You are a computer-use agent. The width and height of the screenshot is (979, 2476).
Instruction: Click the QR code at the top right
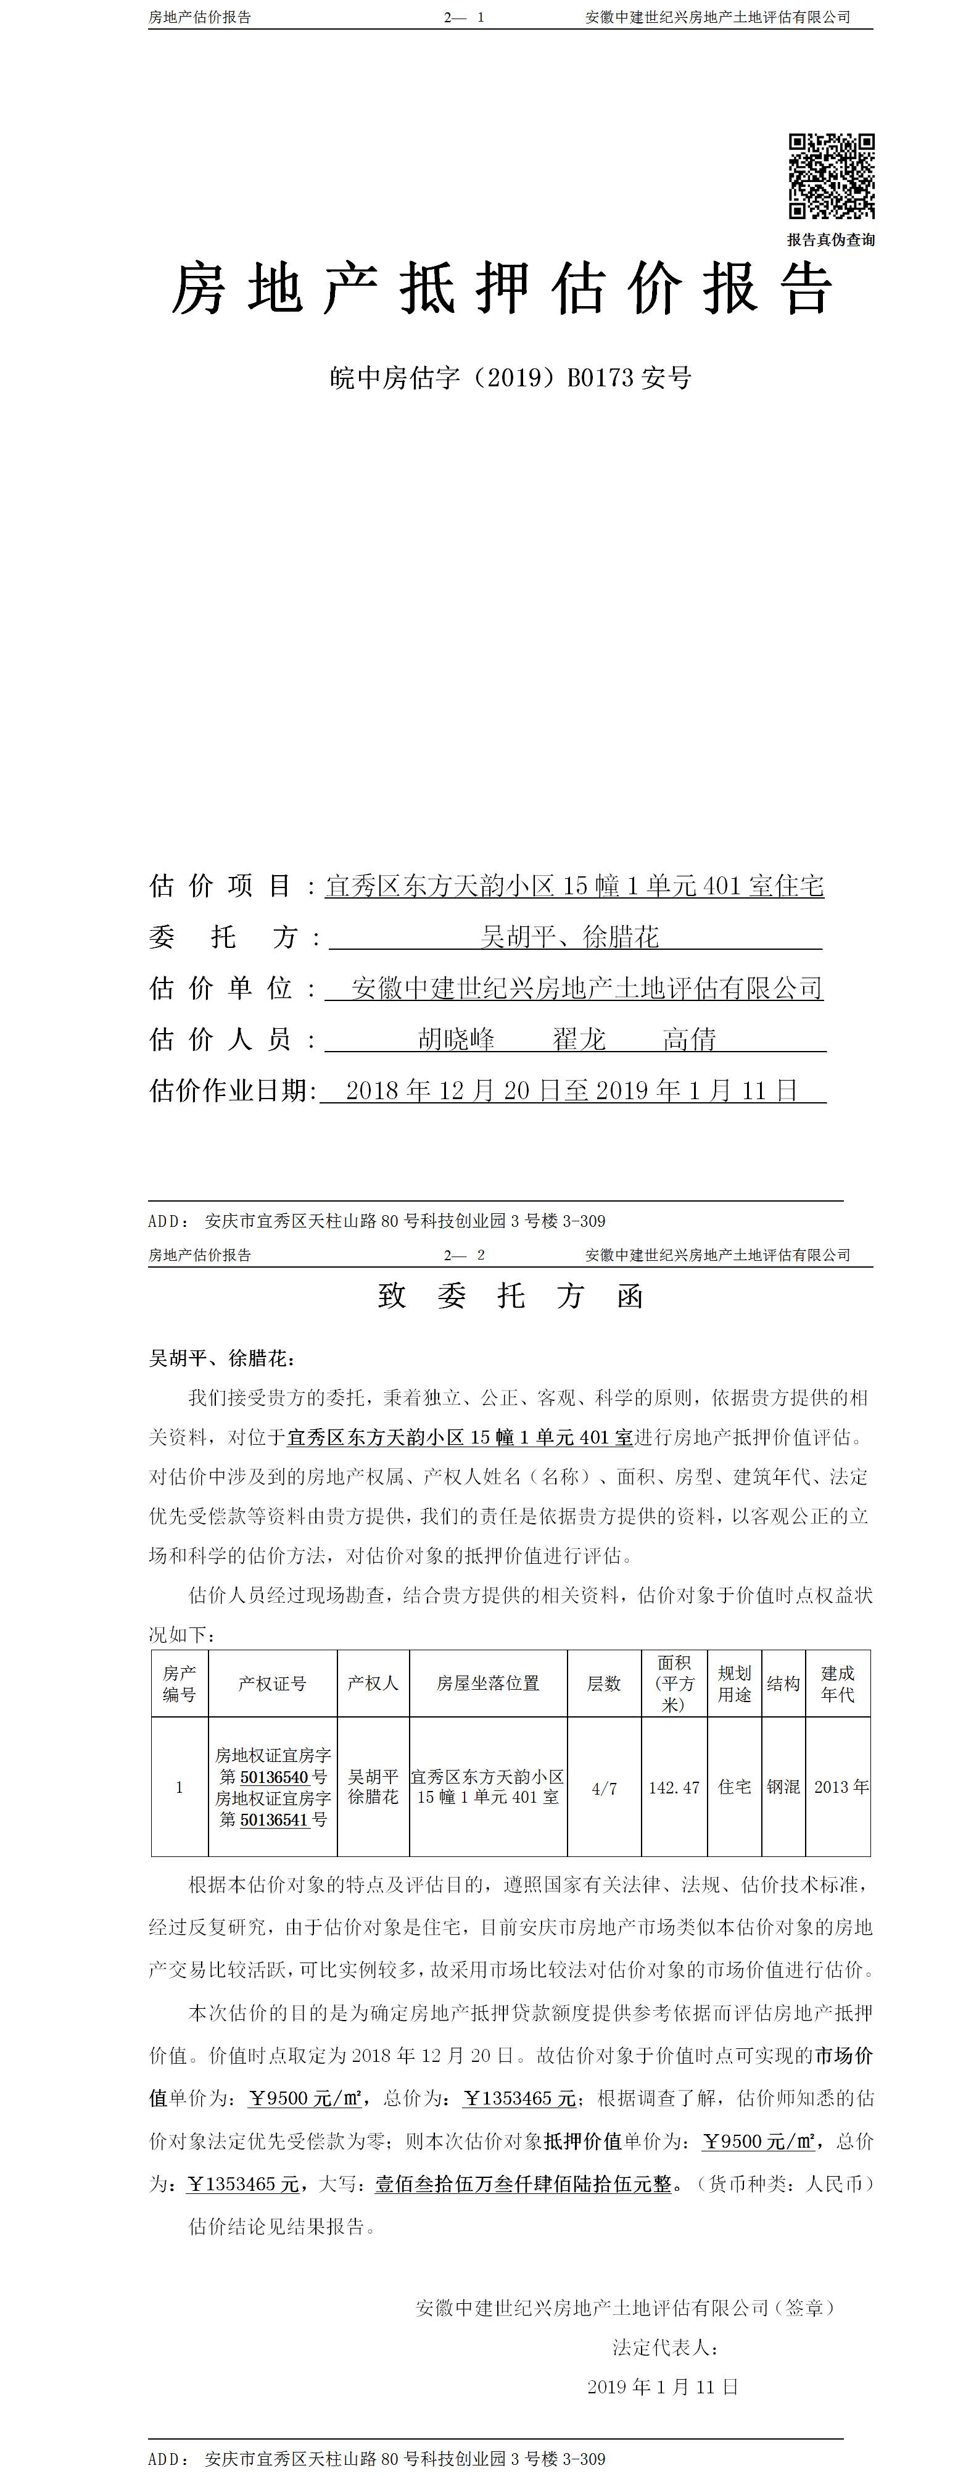(831, 176)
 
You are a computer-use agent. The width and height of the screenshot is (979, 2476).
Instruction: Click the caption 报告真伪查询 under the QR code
(831, 239)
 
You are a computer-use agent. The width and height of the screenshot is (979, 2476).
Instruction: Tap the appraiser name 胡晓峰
(456, 1039)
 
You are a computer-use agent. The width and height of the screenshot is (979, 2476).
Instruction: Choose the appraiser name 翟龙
(579, 1039)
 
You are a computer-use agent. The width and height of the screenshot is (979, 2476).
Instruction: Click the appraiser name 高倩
(689, 1039)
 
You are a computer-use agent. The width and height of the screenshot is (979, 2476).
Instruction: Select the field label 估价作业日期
(231, 1090)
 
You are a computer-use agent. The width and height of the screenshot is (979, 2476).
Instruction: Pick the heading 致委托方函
(510, 1295)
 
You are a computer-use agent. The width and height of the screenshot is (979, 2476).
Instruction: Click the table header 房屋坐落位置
(488, 1683)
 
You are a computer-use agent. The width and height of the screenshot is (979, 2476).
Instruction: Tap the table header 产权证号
(273, 1683)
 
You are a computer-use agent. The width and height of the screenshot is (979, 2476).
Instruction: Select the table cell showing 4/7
(605, 1788)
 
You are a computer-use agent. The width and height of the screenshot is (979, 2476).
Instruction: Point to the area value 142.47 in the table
(674, 1788)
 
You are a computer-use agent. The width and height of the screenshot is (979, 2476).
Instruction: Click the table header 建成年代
(838, 1683)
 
